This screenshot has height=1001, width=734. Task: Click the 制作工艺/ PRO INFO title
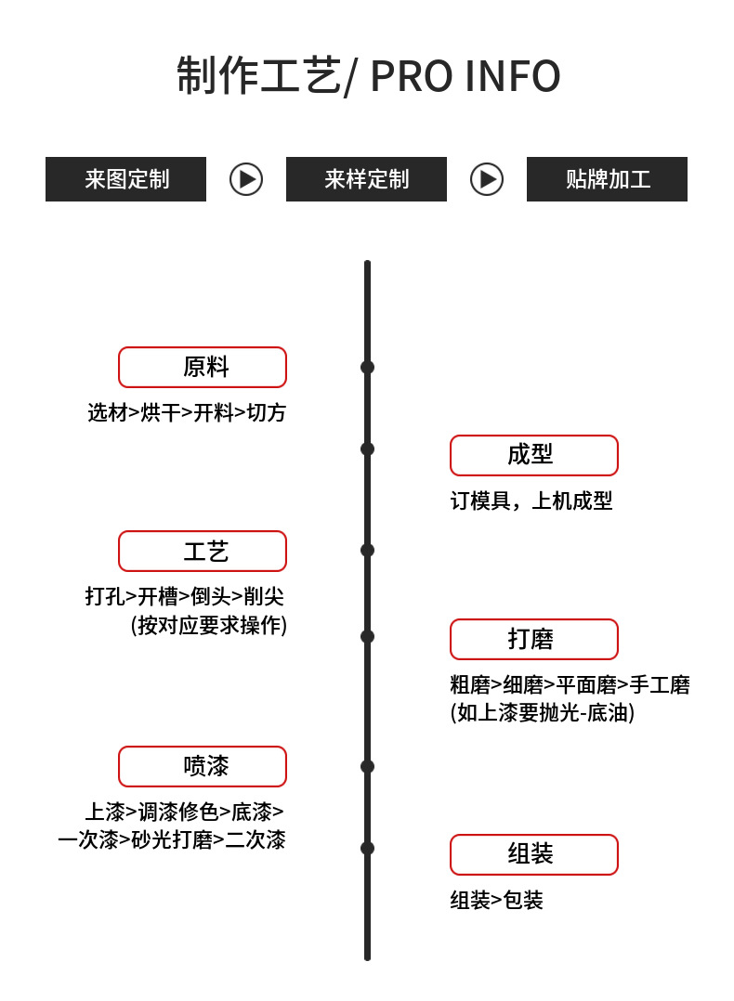368,76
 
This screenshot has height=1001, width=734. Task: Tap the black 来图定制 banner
125,179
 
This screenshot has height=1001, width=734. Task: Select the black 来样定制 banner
366,179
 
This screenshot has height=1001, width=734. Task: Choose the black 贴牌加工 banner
607,179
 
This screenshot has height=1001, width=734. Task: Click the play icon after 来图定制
246,179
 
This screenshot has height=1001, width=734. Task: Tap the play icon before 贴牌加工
487,179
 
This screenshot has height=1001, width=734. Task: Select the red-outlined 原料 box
203,367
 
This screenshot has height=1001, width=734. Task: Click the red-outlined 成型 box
534,455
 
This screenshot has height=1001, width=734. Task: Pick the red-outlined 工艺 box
203,551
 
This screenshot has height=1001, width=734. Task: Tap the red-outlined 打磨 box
534,639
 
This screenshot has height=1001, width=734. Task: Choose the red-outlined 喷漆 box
203,766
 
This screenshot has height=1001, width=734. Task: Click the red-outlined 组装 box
534,854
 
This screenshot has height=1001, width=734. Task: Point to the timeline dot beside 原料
367,367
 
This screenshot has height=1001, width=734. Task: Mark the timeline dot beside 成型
367,448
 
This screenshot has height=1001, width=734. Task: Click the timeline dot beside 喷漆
367,766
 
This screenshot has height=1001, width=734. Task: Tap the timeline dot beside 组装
367,848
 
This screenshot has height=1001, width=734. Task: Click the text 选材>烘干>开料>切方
187,412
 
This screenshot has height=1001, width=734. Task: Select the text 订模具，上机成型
531,501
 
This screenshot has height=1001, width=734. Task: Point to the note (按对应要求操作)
209,625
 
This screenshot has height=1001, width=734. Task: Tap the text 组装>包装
497,900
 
